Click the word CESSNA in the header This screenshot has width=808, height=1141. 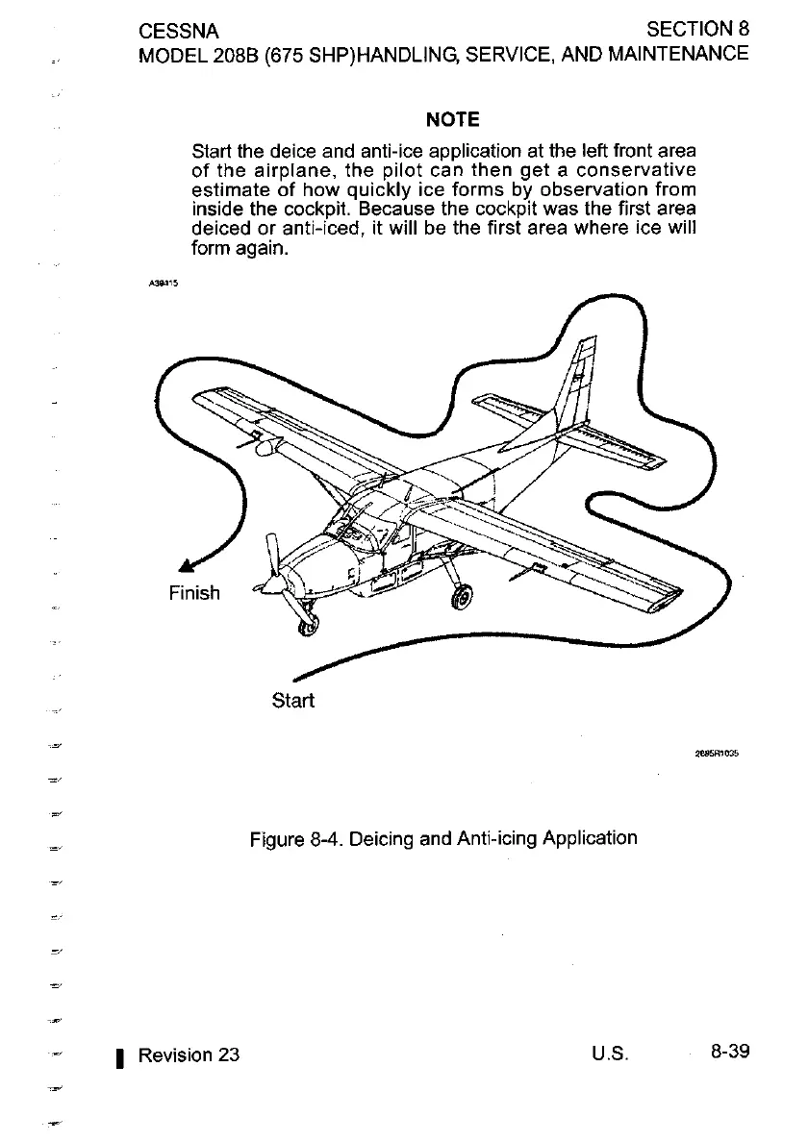coord(179,32)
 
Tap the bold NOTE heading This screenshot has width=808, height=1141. coord(452,120)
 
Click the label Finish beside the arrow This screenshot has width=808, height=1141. coord(194,593)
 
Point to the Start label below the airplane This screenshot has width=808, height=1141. coord(293,700)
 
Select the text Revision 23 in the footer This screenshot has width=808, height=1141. coord(189,1055)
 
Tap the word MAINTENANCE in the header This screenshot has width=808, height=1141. coord(673,53)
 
